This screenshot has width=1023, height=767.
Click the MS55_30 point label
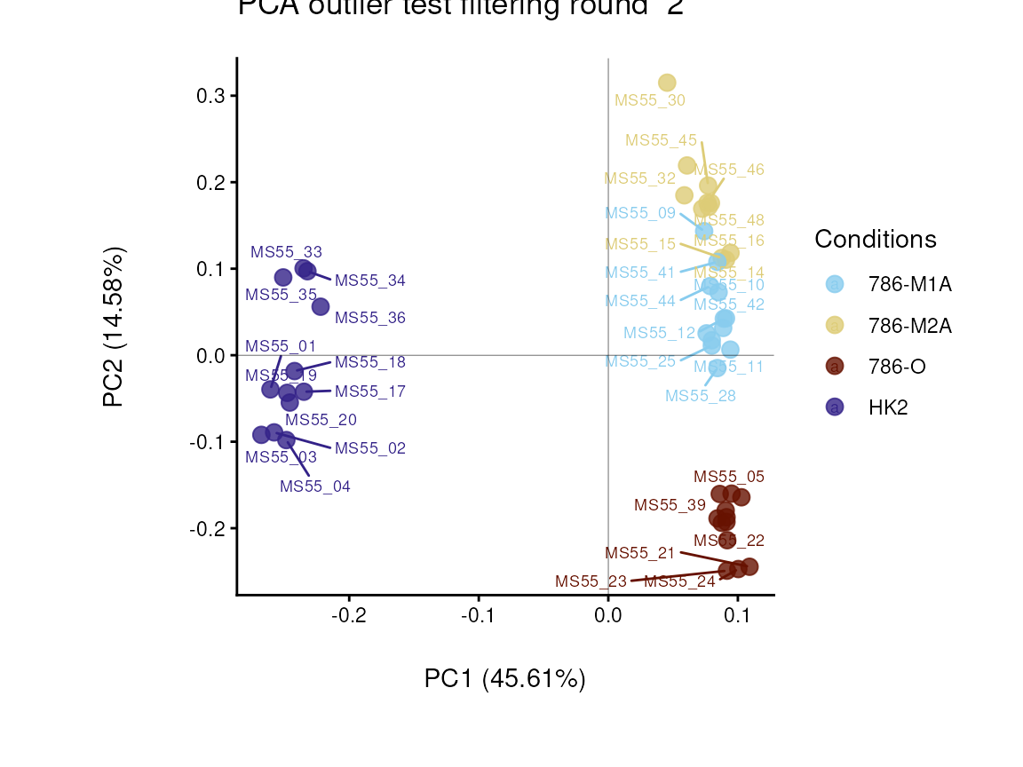click(650, 100)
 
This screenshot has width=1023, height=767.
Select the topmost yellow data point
click(667, 83)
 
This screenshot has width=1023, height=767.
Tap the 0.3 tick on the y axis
click(210, 96)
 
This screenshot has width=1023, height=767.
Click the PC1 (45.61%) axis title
click(504, 679)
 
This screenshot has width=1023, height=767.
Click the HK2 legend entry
click(888, 407)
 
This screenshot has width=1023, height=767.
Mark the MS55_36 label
click(370, 318)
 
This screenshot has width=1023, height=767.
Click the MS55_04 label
click(315, 486)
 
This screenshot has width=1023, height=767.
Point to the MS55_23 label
click(591, 581)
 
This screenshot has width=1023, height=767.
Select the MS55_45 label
click(661, 140)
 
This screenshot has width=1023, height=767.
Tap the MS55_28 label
click(701, 396)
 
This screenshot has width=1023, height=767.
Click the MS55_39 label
click(670, 505)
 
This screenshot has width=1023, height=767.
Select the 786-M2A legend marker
click(835, 325)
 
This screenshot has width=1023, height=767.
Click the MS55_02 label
click(370, 448)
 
